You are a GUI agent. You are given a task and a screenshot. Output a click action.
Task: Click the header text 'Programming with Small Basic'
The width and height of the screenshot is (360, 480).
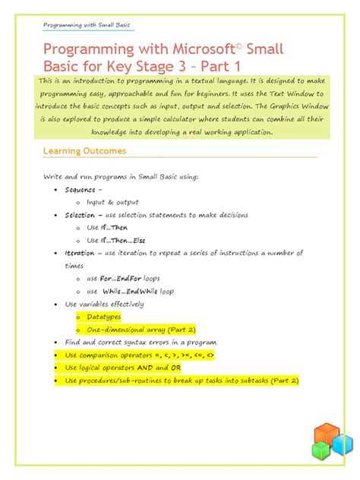87,26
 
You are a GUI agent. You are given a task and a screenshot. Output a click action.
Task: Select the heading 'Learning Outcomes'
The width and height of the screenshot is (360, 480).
84,151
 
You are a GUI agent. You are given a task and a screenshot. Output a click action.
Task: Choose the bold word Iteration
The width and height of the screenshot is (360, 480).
80,253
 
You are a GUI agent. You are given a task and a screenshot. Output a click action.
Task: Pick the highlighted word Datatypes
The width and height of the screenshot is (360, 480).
104,317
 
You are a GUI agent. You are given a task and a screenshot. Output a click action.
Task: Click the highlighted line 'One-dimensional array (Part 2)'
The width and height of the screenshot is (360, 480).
141,330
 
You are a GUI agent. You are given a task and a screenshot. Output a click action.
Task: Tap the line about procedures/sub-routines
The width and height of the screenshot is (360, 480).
182,380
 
